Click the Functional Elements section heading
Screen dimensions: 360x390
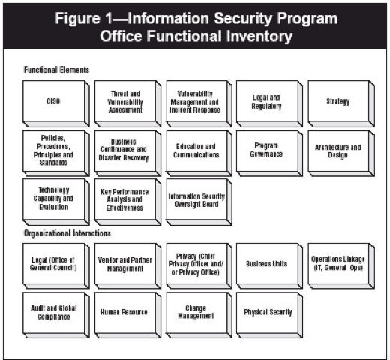[x=56, y=70]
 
